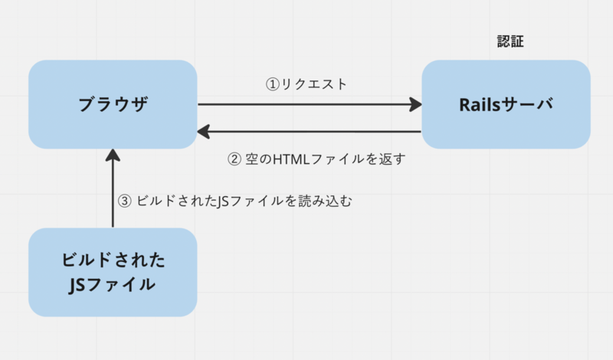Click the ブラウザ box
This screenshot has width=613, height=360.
click(113, 104)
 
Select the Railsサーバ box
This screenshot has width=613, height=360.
click(506, 104)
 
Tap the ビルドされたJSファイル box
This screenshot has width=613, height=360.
click(113, 272)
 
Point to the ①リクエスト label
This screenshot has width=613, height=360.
click(306, 84)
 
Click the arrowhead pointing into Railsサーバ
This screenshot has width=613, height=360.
click(417, 104)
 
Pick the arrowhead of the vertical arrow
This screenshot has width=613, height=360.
click(113, 155)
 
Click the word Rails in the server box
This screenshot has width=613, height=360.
click(476, 105)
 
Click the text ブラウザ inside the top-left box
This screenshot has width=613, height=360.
click(113, 105)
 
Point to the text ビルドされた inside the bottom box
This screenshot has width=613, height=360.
click(113, 259)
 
